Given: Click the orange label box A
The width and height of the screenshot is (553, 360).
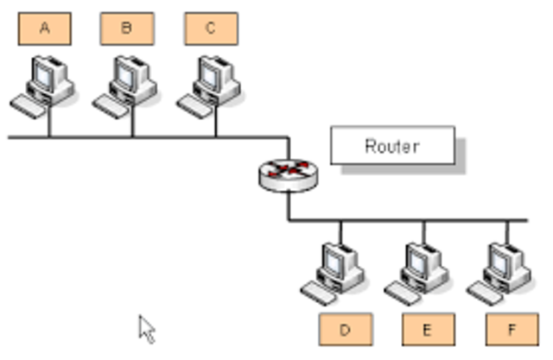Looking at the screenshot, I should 44,28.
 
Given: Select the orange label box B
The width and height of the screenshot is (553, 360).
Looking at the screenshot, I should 127,28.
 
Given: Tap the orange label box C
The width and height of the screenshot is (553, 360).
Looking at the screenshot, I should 211,28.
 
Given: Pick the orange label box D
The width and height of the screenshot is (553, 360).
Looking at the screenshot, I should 345,329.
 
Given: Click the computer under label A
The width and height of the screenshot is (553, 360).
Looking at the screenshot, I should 43,85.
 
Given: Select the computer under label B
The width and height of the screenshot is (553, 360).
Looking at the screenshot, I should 126,85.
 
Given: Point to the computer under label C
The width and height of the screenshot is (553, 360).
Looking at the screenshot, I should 210,85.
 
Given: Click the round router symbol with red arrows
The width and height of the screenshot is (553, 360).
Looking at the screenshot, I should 288,174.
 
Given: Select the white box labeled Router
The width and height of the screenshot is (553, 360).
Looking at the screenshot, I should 392,146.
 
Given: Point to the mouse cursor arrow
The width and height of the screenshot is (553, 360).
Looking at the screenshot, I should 147,328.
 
